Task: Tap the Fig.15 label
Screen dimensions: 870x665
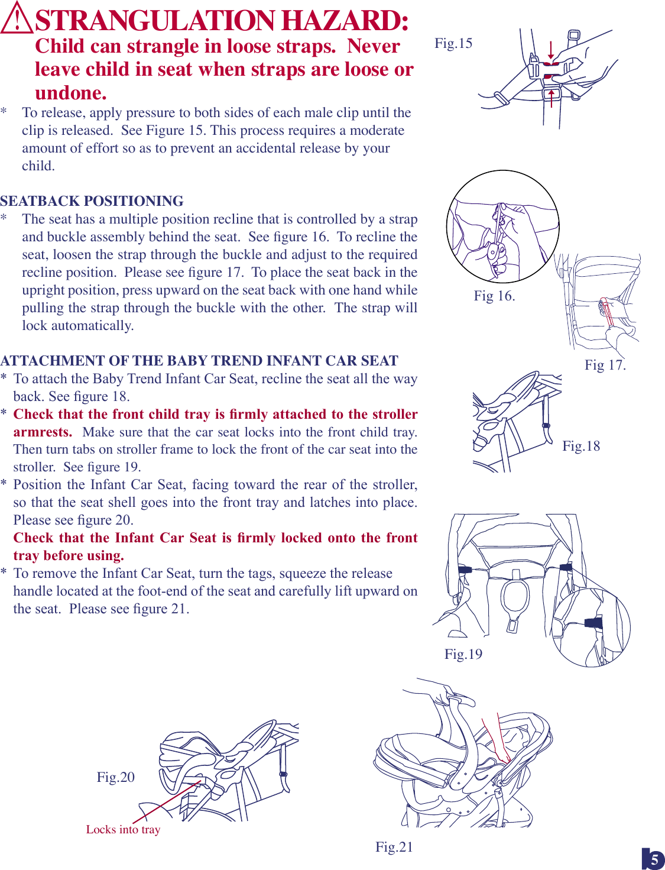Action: (453, 43)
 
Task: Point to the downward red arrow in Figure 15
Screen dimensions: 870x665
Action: (551, 50)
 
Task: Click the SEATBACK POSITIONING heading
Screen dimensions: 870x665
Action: (92, 201)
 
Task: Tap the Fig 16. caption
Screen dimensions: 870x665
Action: (494, 296)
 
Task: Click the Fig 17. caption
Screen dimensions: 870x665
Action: (605, 365)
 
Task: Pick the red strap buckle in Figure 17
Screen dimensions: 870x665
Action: (606, 312)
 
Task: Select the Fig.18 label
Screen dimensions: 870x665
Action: (580, 446)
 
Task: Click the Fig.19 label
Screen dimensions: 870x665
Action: (463, 654)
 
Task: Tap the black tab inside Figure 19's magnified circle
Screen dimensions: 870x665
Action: (593, 622)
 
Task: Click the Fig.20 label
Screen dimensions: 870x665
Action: (115, 777)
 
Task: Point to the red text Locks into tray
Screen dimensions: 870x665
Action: (123, 829)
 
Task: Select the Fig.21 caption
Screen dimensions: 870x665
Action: (394, 847)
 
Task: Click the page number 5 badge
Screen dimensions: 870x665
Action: (653, 859)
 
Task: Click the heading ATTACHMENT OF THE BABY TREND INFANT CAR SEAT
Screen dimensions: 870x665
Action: (199, 361)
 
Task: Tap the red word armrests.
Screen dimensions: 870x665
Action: (43, 432)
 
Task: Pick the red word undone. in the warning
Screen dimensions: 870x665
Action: (71, 93)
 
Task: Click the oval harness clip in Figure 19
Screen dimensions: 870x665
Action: (515, 597)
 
